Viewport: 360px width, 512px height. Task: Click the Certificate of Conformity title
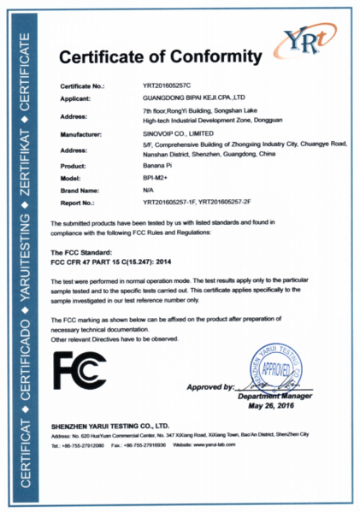tap(160, 57)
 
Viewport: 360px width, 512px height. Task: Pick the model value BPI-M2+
tap(154, 177)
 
